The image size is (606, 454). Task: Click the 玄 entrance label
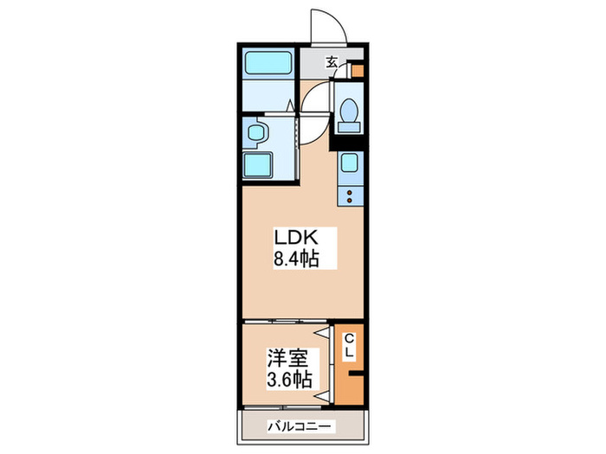(332, 61)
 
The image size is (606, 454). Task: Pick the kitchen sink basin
(350, 162)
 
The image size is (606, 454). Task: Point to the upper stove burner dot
(350, 192)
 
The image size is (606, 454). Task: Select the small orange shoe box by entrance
(358, 73)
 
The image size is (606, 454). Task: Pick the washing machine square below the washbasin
(259, 164)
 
